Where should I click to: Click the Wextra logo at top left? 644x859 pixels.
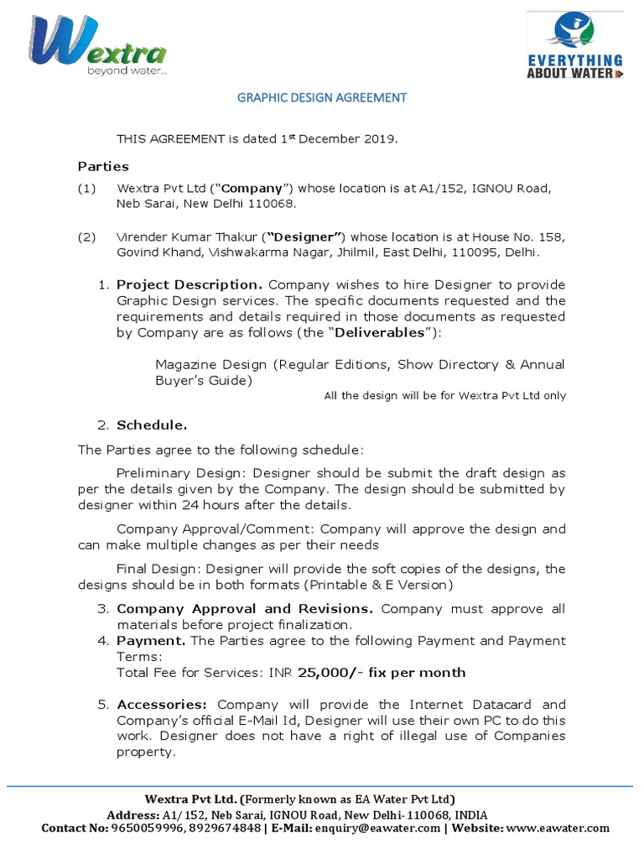coord(97,46)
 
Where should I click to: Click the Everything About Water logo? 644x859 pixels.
coord(574,47)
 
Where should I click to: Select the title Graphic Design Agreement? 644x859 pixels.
coord(322,97)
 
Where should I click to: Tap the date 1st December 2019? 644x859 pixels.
coord(339,139)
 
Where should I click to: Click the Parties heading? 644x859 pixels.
coord(103,166)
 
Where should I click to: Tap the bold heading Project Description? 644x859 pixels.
coord(190,284)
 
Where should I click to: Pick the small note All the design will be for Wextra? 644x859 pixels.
coord(444,396)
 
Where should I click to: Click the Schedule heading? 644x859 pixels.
coord(152,424)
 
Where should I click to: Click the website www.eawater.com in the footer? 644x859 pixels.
coord(558,828)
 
